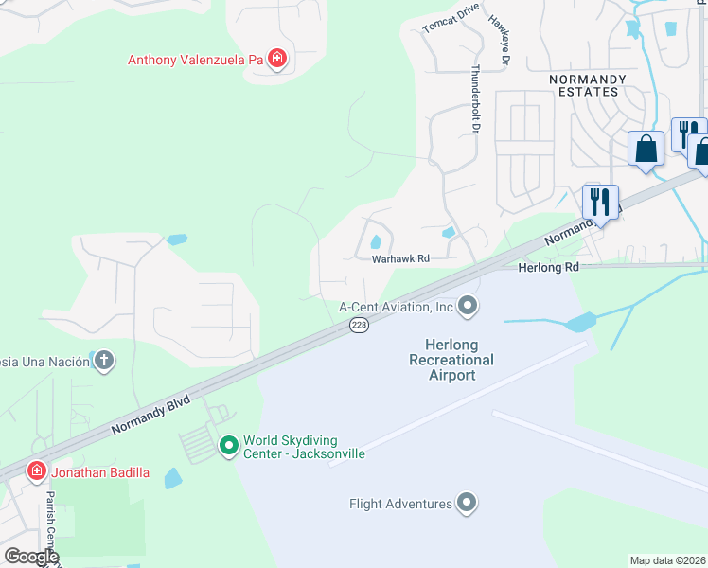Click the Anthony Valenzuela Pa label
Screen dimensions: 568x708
click(x=195, y=61)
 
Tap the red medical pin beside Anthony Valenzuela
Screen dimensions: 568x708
click(x=277, y=61)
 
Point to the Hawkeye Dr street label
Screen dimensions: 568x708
click(x=499, y=42)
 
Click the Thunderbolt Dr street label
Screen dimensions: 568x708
click(x=476, y=98)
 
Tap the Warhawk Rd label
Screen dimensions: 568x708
click(x=400, y=258)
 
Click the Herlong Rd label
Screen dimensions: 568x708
click(x=548, y=268)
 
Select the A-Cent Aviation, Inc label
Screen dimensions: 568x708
click(x=397, y=307)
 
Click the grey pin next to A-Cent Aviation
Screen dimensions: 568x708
click(x=468, y=306)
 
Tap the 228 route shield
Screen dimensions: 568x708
click(x=359, y=326)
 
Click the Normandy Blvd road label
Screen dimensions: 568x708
click(x=150, y=415)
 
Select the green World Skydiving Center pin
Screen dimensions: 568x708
click(x=228, y=445)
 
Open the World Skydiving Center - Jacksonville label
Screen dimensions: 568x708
click(x=304, y=447)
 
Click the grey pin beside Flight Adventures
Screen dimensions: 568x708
click(x=467, y=504)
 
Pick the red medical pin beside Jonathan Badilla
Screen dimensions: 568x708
click(x=36, y=471)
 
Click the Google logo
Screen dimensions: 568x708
click(x=31, y=557)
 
